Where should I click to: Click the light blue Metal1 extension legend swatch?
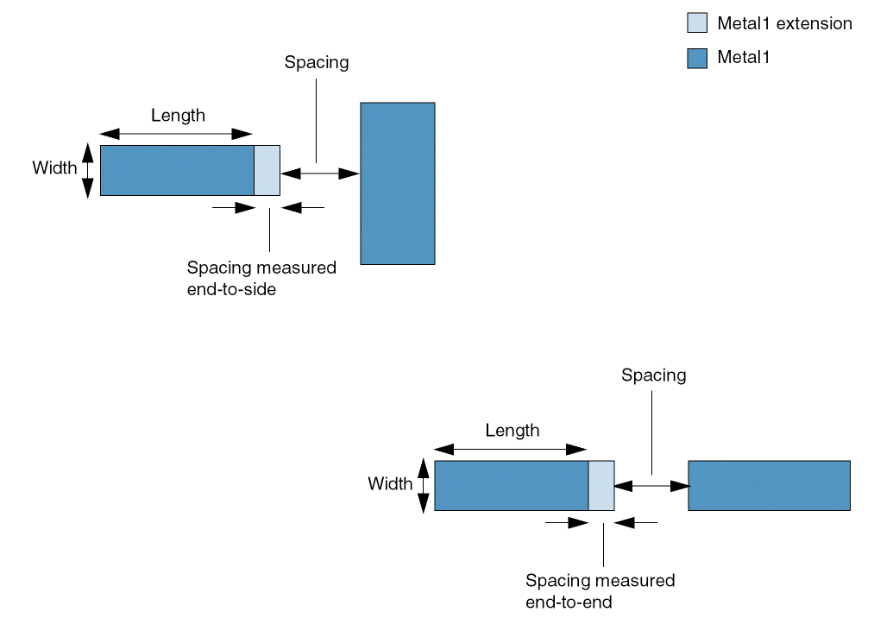[x=696, y=23]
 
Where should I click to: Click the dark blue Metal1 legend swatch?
[x=696, y=58]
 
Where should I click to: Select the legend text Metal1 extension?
[x=784, y=23]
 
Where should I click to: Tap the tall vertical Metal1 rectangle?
[x=397, y=183]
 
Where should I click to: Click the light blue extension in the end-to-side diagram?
[x=267, y=170]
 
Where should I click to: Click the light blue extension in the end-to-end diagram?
[x=600, y=485]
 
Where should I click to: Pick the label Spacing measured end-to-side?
[x=261, y=278]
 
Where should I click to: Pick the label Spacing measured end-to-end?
[x=600, y=590]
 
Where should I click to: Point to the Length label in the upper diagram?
[x=178, y=115]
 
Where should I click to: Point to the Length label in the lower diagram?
[x=512, y=430]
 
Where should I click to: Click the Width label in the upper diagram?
[x=54, y=167]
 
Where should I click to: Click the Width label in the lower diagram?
[x=390, y=483]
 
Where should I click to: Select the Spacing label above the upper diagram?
[x=316, y=62]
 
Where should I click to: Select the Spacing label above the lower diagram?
[x=653, y=375]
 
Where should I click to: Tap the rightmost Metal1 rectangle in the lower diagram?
[x=769, y=485]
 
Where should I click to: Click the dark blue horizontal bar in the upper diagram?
[x=177, y=170]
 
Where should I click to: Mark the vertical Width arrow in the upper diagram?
[x=87, y=170]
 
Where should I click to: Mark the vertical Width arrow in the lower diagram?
[x=423, y=485]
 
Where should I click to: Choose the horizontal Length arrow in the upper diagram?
[x=176, y=133]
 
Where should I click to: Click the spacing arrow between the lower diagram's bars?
[x=651, y=486]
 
